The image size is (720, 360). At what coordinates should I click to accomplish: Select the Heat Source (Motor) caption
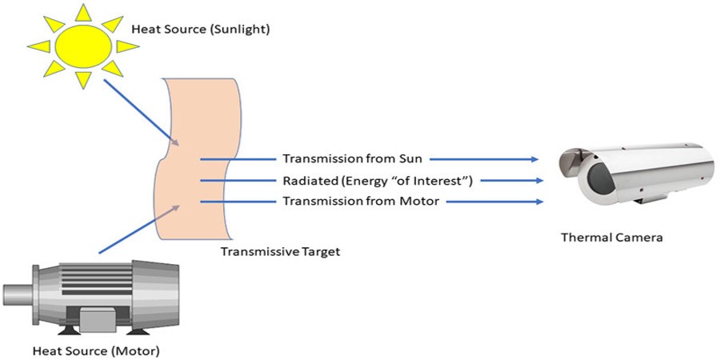point(96,350)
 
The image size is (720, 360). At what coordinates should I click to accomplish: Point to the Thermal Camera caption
point(612,238)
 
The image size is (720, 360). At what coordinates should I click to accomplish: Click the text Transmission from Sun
point(352,159)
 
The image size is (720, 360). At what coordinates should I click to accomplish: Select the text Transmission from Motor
point(360,201)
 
